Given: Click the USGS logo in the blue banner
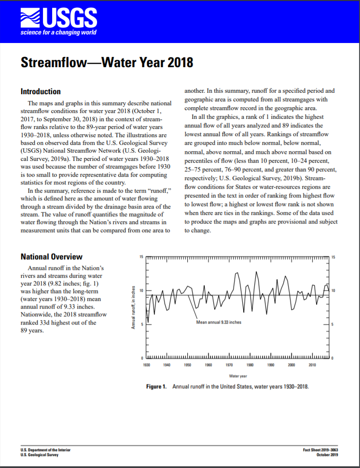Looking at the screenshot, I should point(58,17).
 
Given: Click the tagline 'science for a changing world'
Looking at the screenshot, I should point(58,32).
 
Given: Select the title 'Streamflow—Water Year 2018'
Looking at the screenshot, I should point(107,63).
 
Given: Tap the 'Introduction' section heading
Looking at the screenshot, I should point(41,92).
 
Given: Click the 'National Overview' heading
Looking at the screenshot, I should point(51,256).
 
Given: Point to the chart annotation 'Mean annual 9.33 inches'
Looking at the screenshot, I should point(219,322).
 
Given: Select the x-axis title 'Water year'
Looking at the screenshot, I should point(238,375).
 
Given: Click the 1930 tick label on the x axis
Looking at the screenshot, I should point(147,365).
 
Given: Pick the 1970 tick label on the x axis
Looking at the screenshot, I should point(230,365).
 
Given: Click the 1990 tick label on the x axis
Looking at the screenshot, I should point(271,365).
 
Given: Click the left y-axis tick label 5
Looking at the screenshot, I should point(142,325).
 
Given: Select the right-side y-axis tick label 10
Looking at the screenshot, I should point(332,291).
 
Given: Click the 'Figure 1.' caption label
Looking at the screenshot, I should point(157,387).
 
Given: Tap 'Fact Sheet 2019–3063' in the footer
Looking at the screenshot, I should point(320,450).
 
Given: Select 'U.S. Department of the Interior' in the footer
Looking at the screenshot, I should point(46,450).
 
